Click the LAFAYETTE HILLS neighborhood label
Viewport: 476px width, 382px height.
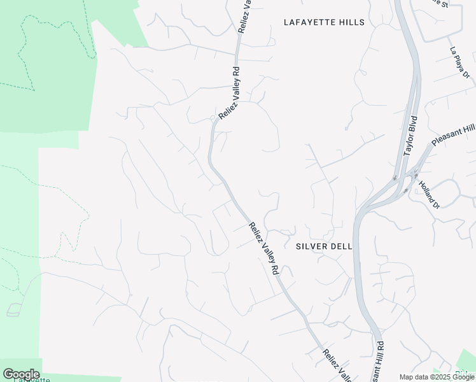click(x=324, y=22)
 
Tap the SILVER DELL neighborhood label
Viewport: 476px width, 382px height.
click(x=324, y=246)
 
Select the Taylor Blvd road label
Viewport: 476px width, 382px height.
click(x=410, y=136)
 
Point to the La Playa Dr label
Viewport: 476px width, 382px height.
click(x=459, y=65)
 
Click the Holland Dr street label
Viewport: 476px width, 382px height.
click(x=428, y=195)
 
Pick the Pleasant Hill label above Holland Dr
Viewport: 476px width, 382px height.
click(x=453, y=134)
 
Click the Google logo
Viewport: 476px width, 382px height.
click(x=21, y=374)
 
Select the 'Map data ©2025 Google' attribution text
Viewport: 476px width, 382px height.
click(x=437, y=377)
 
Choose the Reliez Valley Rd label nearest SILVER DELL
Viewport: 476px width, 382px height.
click(x=263, y=248)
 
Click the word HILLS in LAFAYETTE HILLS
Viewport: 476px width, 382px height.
click(x=351, y=22)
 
